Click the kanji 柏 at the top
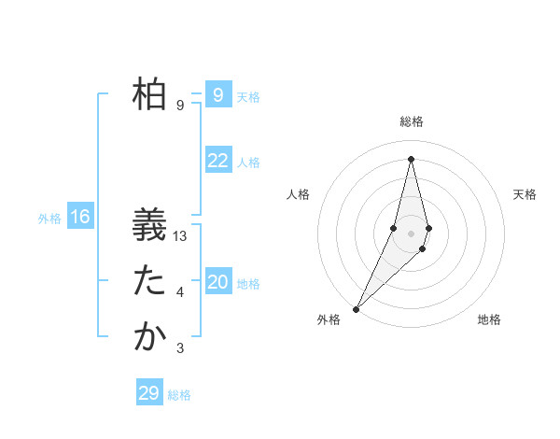pos(149,94)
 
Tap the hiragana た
pos(149,281)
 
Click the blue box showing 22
pos(217,161)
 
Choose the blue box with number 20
pos(217,282)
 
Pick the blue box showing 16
pos(80,218)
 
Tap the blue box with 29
pos(149,393)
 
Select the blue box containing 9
pos(217,95)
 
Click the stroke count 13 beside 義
pos(181,237)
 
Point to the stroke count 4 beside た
pos(180,293)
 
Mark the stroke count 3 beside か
pos(180,348)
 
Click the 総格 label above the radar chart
pos(412,122)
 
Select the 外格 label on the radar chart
pos(329,320)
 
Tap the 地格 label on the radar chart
pos(489,320)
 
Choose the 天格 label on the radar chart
pos(525,194)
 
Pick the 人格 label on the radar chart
pos(298,194)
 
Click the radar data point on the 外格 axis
pos(356,307)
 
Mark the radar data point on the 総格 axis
pos(412,159)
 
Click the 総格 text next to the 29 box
pos(179,395)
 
